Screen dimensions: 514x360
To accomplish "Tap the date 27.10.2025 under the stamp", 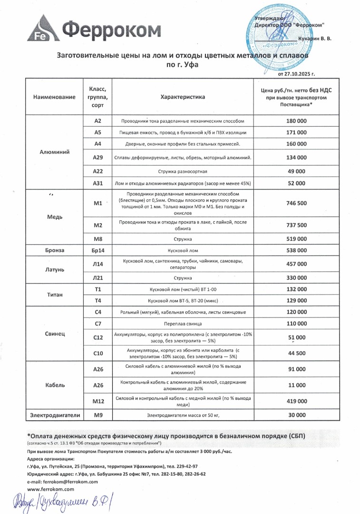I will (x=296, y=74).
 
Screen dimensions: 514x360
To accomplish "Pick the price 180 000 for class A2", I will (x=296, y=121).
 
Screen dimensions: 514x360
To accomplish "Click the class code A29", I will (x=98, y=158).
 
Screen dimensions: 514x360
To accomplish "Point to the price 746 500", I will (x=296, y=203).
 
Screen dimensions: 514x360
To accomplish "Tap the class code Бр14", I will (x=98, y=250).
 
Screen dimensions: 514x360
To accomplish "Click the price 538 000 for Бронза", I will (x=296, y=250).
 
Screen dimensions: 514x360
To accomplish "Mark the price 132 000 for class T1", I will (x=296, y=289).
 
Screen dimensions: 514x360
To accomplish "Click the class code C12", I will (x=98, y=337).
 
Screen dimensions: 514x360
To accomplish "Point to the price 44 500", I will (x=296, y=354).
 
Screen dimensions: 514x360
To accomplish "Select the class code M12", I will (x=98, y=401).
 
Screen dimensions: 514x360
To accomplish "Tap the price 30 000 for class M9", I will (x=296, y=415).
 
